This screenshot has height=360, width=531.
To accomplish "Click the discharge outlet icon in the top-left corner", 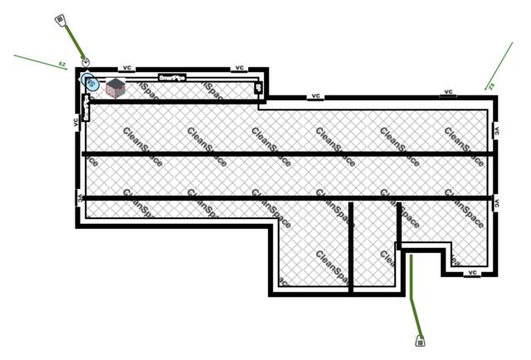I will pos(61,19).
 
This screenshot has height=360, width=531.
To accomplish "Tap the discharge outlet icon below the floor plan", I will pos(420,339).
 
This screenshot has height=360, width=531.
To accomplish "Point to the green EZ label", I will pos(61,63).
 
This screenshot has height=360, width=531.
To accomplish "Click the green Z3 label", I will pos(490,85).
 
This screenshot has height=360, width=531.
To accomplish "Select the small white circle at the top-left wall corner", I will pos(85,64).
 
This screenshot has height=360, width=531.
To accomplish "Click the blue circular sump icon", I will pos(90,83).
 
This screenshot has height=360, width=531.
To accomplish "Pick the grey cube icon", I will pos(114,87).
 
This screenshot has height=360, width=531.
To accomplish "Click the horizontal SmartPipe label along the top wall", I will pos(172,76).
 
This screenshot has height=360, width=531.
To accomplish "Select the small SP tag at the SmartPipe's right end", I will pos(257,88).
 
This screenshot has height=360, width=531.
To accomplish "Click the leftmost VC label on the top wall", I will pos(128,67).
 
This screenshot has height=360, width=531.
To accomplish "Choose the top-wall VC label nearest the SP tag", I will pos(239,67).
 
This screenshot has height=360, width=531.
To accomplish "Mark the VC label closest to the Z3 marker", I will pos(448,92).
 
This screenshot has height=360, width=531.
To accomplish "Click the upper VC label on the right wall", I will pos(496,130).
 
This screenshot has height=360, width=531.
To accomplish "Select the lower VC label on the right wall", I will pos(496,202).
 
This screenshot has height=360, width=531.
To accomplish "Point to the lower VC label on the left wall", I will pos(80,197).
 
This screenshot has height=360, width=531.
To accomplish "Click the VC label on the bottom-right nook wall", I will pos(472,271).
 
